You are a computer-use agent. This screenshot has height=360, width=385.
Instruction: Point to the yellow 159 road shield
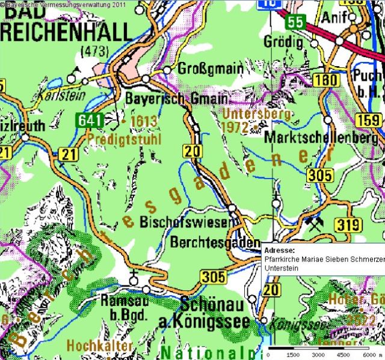370,121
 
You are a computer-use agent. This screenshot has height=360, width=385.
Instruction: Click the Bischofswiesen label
185,223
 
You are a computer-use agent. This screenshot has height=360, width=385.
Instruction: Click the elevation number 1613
144,122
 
